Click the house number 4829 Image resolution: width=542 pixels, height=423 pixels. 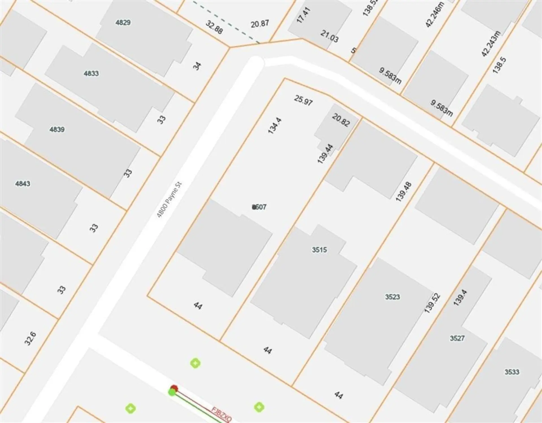point(123,23)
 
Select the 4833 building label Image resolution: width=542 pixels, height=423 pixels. point(91,74)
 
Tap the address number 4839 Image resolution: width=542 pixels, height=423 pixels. point(57,130)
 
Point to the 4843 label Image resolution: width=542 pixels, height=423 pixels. point(23,184)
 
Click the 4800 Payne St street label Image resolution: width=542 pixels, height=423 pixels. point(169,200)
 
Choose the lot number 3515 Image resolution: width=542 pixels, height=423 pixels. point(319,250)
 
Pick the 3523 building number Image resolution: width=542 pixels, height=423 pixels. point(392,297)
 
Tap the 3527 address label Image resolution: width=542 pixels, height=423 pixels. point(457,338)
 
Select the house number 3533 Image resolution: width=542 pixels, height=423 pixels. point(512,372)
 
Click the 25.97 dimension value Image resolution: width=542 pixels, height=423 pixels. point(303,100)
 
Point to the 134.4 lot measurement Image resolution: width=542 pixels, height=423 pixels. point(274,126)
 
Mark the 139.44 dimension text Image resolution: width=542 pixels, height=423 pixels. point(325,154)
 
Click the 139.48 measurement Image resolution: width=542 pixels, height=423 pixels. point(403,192)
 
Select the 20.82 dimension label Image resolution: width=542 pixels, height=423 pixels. point(341,120)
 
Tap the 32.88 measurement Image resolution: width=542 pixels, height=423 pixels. point(214,27)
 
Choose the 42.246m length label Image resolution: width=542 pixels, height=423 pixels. point(435,15)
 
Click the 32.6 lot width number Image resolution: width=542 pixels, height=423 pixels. point(30,339)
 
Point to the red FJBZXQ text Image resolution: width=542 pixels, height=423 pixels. point(222,415)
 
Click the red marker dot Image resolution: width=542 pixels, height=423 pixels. point(174,389)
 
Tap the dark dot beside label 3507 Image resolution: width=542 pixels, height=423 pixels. point(254,207)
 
